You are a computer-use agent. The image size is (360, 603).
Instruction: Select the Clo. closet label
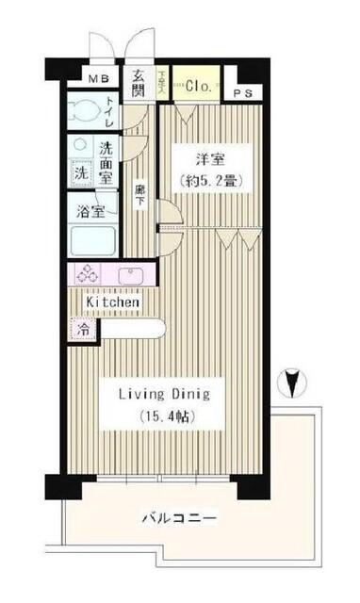coord(196,86)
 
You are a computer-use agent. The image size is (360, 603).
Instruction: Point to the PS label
coord(244,94)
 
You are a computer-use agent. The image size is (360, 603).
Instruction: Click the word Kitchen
coord(114,302)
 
